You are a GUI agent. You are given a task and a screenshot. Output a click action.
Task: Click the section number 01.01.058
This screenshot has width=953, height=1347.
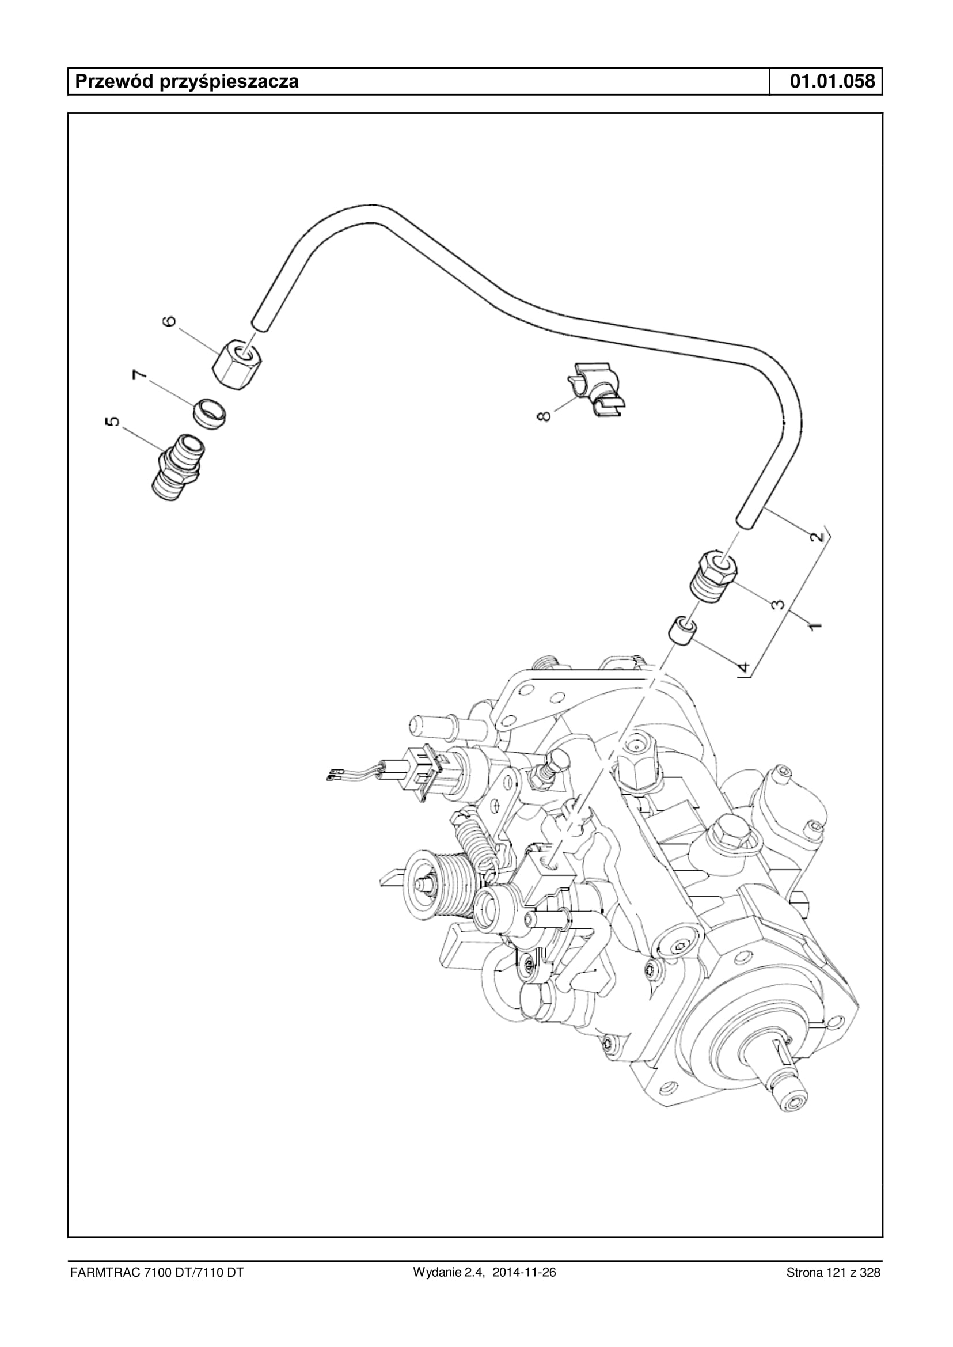coord(832,81)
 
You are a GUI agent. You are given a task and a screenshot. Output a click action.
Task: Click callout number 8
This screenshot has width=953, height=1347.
coord(545,416)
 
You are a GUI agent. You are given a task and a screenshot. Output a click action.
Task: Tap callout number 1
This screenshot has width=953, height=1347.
coord(814,625)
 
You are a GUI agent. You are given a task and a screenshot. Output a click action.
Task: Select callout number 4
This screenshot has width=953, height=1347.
coord(743,667)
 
